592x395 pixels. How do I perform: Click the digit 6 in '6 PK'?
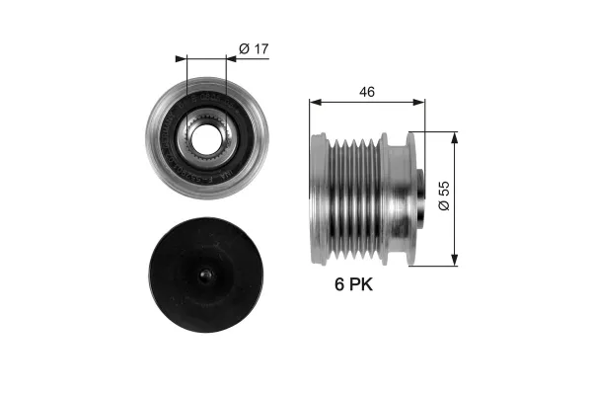click(339, 287)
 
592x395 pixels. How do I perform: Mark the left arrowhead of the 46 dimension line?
click(313, 101)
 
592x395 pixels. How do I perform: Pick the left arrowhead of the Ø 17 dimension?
click(181, 57)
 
